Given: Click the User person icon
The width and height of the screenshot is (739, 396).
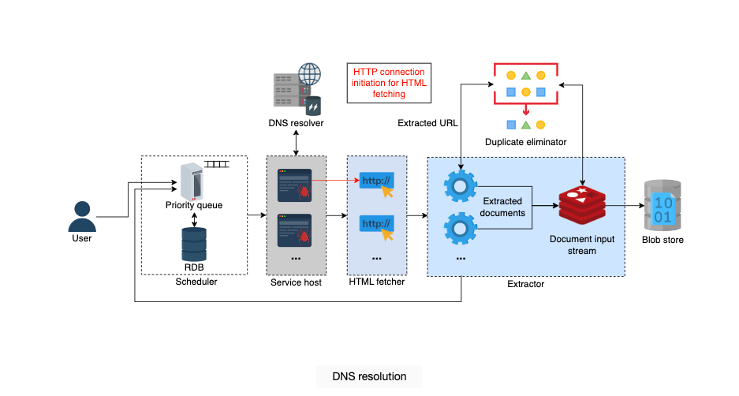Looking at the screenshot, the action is pyautogui.click(x=82, y=216).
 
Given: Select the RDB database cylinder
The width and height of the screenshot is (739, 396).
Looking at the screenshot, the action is pyautogui.click(x=194, y=245).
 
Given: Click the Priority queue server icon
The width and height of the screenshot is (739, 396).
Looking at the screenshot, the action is pyautogui.click(x=192, y=181).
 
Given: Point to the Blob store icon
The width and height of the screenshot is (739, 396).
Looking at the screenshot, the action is pyautogui.click(x=662, y=205).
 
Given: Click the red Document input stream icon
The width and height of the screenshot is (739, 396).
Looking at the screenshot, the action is pyautogui.click(x=582, y=205).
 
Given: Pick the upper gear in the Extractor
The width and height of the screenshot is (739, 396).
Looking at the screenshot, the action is pyautogui.click(x=460, y=186).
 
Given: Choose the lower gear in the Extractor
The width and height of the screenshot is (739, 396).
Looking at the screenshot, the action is pyautogui.click(x=460, y=229).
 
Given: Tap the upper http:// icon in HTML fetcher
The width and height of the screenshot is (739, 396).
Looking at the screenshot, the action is pyautogui.click(x=376, y=185).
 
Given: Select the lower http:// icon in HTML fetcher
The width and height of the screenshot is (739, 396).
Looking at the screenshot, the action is pyautogui.click(x=376, y=228).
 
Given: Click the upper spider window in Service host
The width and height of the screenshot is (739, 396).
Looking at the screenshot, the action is pyautogui.click(x=294, y=185).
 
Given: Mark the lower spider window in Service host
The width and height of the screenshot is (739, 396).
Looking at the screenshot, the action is pyautogui.click(x=294, y=230).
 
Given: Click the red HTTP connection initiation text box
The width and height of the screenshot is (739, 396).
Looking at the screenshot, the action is pyautogui.click(x=389, y=83).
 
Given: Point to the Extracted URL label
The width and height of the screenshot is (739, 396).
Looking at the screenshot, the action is pyautogui.click(x=427, y=123).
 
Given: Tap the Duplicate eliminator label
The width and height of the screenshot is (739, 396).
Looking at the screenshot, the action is pyautogui.click(x=525, y=142).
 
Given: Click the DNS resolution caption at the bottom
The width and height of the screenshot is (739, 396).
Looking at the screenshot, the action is pyautogui.click(x=369, y=376).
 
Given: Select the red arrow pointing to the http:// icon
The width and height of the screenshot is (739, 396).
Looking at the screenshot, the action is pyautogui.click(x=335, y=180).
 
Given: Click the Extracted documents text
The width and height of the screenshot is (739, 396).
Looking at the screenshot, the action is pyautogui.click(x=502, y=207).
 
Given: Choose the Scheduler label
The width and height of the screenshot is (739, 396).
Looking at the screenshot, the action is pyautogui.click(x=196, y=282).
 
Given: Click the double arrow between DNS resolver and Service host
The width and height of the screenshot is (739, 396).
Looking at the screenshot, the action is pyautogui.click(x=296, y=144).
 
